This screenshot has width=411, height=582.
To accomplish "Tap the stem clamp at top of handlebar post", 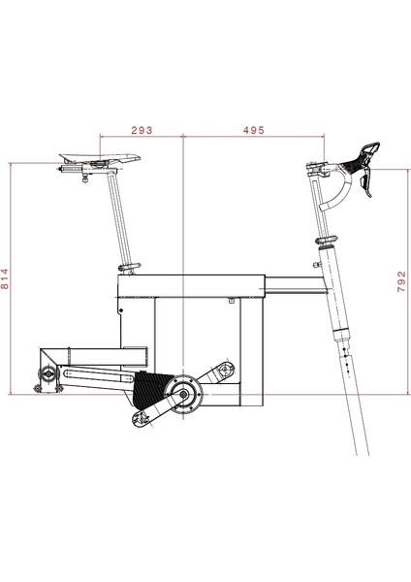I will [x=314, y=170].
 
